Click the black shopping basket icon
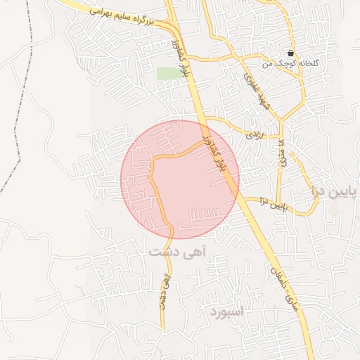pos(291,53)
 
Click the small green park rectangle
pos(167,73)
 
